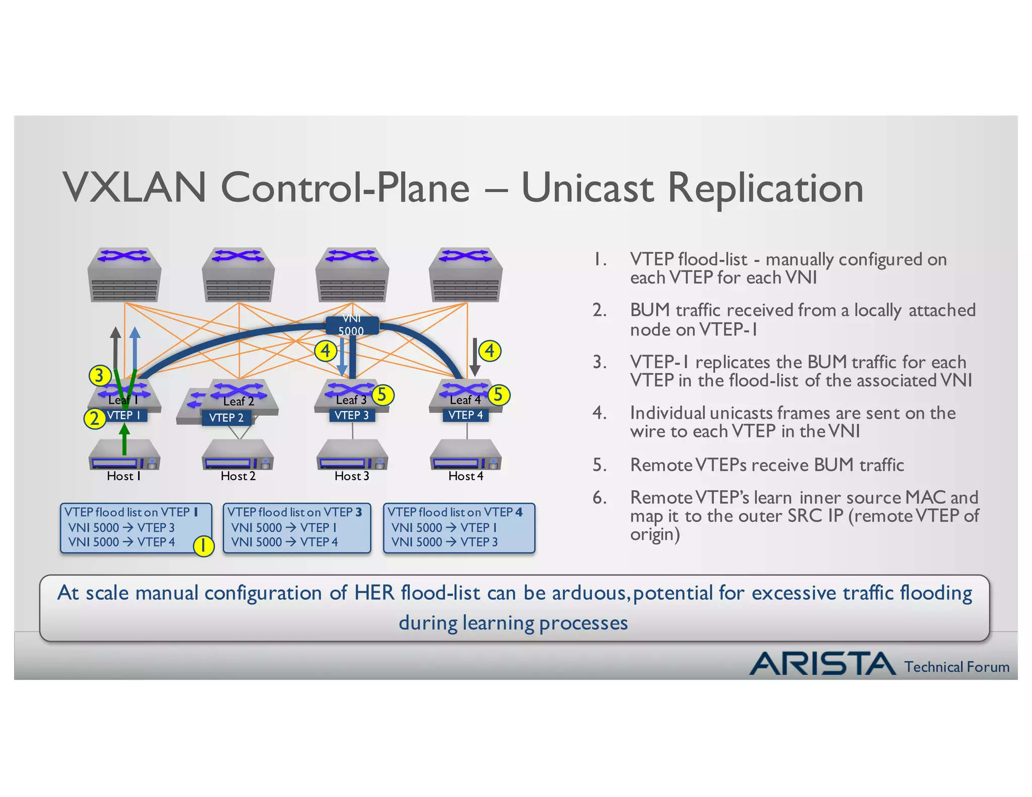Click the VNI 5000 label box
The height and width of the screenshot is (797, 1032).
coord(351,325)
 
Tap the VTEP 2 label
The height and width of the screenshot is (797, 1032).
coord(226,418)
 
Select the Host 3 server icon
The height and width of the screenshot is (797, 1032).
coord(352,455)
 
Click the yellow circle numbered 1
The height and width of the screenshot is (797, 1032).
coord(204,546)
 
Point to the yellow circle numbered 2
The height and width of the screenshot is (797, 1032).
coord(95,419)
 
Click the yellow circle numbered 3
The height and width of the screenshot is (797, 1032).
coord(99,375)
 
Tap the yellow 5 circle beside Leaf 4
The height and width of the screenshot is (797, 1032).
coord(499,394)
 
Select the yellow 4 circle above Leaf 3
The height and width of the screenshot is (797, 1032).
coord(326,351)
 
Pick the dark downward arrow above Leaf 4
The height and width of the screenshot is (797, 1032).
coord(474,357)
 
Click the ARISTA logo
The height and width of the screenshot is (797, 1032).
coord(822,663)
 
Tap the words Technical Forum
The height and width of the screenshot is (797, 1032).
coord(956,667)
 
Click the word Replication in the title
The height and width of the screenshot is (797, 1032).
coord(765,187)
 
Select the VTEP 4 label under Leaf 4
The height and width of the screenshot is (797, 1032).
coord(466,415)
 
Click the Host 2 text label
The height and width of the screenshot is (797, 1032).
coord(238,476)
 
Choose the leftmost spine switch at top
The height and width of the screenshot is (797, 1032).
coord(124,275)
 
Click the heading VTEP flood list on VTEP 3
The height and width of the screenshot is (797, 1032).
coord(295,512)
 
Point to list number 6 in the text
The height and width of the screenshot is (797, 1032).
coord(599,498)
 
